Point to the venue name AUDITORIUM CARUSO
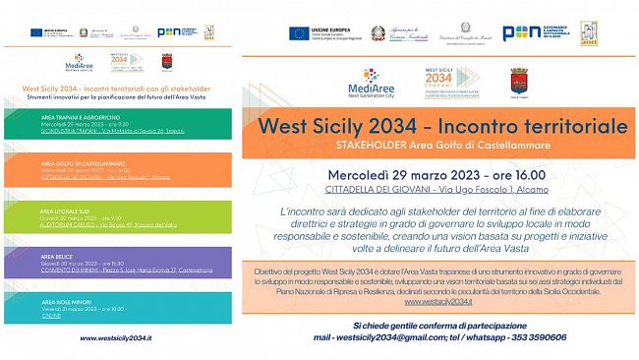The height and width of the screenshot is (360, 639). [60, 223]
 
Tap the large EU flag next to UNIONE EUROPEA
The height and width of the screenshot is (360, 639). [299, 32]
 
